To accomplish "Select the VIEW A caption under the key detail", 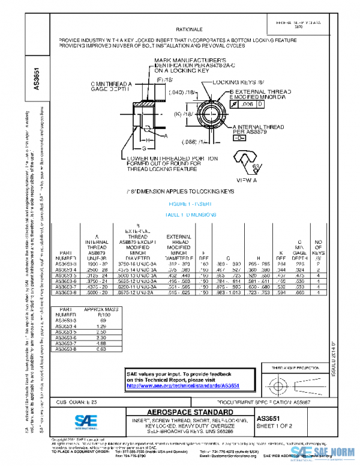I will pos(247,180).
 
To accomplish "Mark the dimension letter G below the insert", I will pos(143,147).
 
